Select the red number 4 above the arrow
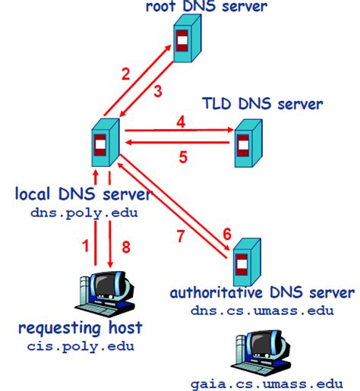coord(181,120)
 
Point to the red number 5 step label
coord(182,158)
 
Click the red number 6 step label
coord(226,234)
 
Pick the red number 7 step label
coord(181,236)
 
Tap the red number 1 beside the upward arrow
coord(85,246)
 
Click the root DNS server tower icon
coord(185,43)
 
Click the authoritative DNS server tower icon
coord(244,261)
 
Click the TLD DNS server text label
coord(263,103)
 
